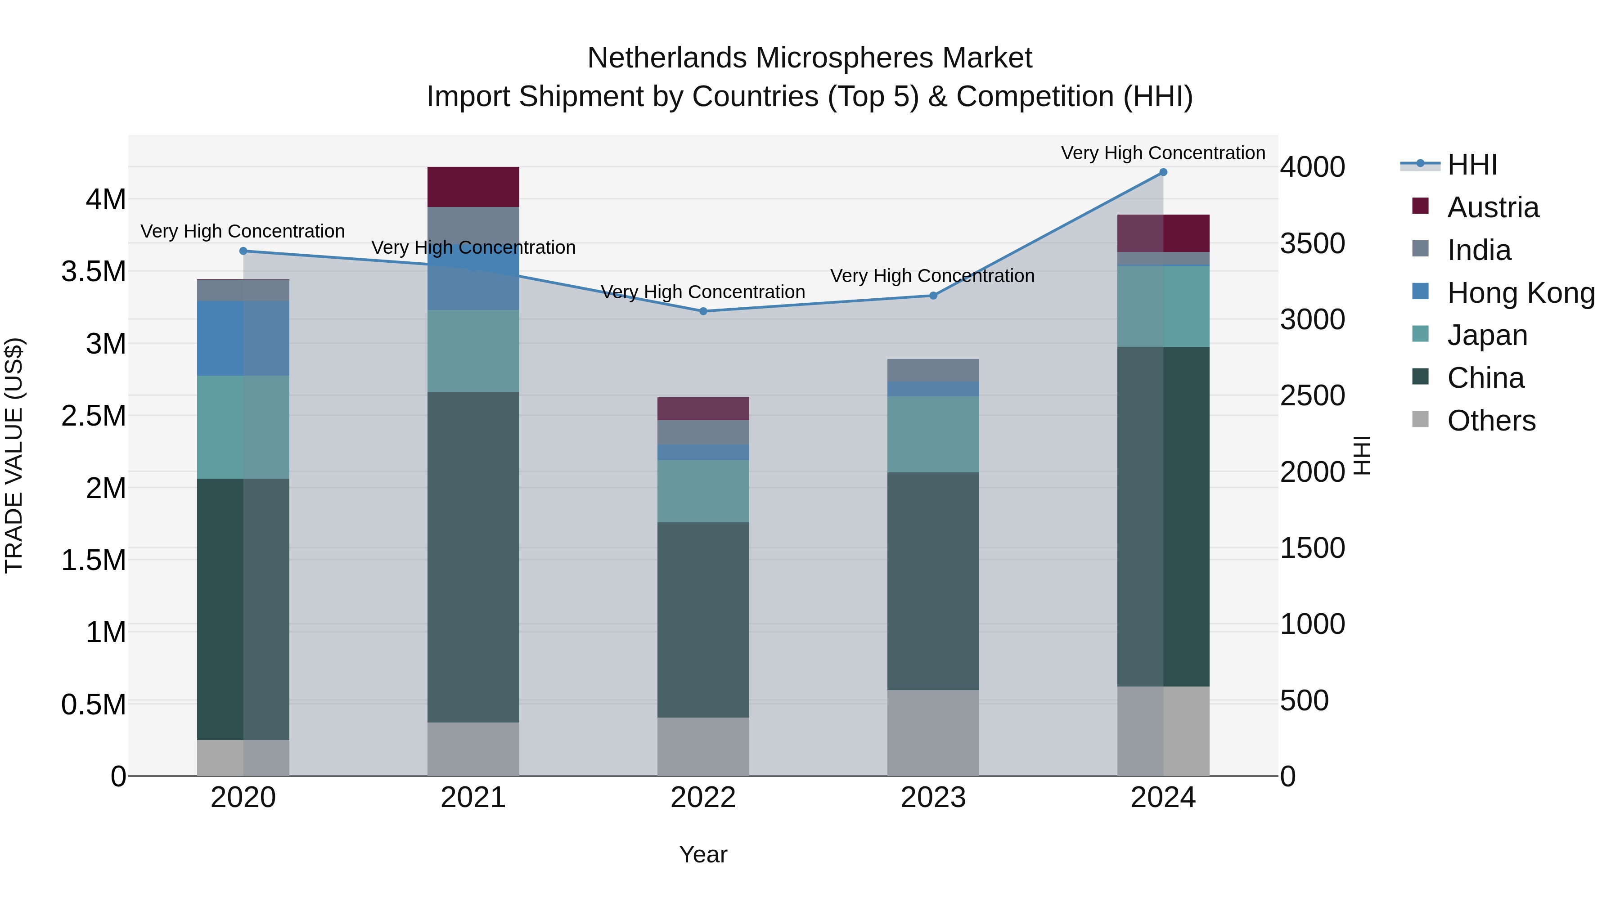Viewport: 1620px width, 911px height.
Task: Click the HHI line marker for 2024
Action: pyautogui.click(x=1163, y=172)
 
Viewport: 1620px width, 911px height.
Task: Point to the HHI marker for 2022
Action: pyautogui.click(x=703, y=311)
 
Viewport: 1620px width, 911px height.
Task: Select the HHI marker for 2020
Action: pyautogui.click(x=243, y=251)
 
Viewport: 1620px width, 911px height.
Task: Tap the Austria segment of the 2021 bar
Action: pyautogui.click(x=473, y=187)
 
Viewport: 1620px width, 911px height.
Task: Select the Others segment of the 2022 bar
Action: pyautogui.click(x=703, y=746)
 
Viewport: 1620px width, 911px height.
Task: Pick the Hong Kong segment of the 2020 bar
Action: pyautogui.click(x=243, y=338)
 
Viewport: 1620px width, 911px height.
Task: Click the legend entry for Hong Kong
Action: pyautogui.click(x=1521, y=293)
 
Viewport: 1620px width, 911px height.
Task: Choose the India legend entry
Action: pyautogui.click(x=1479, y=250)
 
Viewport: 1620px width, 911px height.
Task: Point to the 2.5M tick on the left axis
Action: pyautogui.click(x=94, y=416)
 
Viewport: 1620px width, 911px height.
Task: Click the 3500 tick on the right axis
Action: pyautogui.click(x=1313, y=244)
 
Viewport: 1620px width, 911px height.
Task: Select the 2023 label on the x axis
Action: pyautogui.click(x=933, y=798)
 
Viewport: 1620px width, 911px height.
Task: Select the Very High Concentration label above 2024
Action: pyautogui.click(x=1163, y=153)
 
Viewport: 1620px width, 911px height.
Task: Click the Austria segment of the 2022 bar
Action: pyautogui.click(x=703, y=408)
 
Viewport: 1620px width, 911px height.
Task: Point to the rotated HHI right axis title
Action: pyautogui.click(x=1362, y=455)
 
